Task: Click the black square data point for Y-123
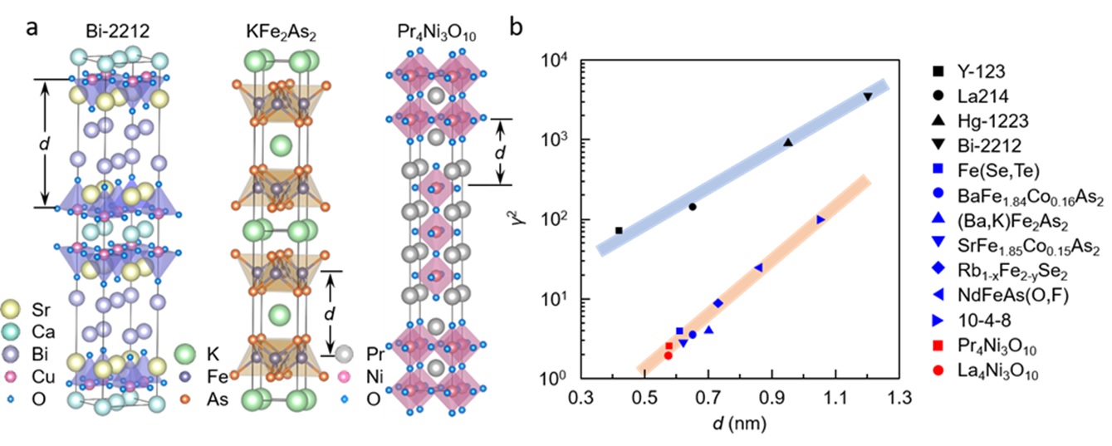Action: click(619, 230)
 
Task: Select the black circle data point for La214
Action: click(692, 207)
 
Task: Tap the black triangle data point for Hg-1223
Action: click(788, 143)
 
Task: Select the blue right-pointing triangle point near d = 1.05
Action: click(821, 219)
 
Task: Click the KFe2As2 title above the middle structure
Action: click(275, 33)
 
